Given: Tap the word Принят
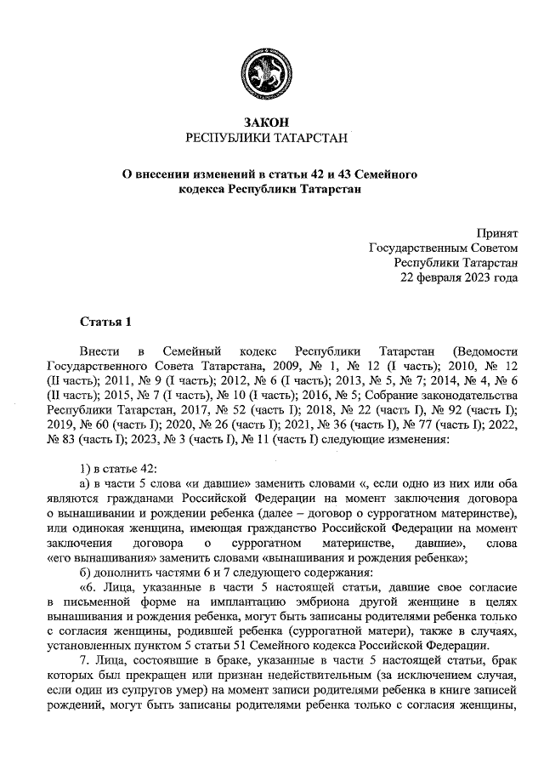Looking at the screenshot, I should [497, 231].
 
